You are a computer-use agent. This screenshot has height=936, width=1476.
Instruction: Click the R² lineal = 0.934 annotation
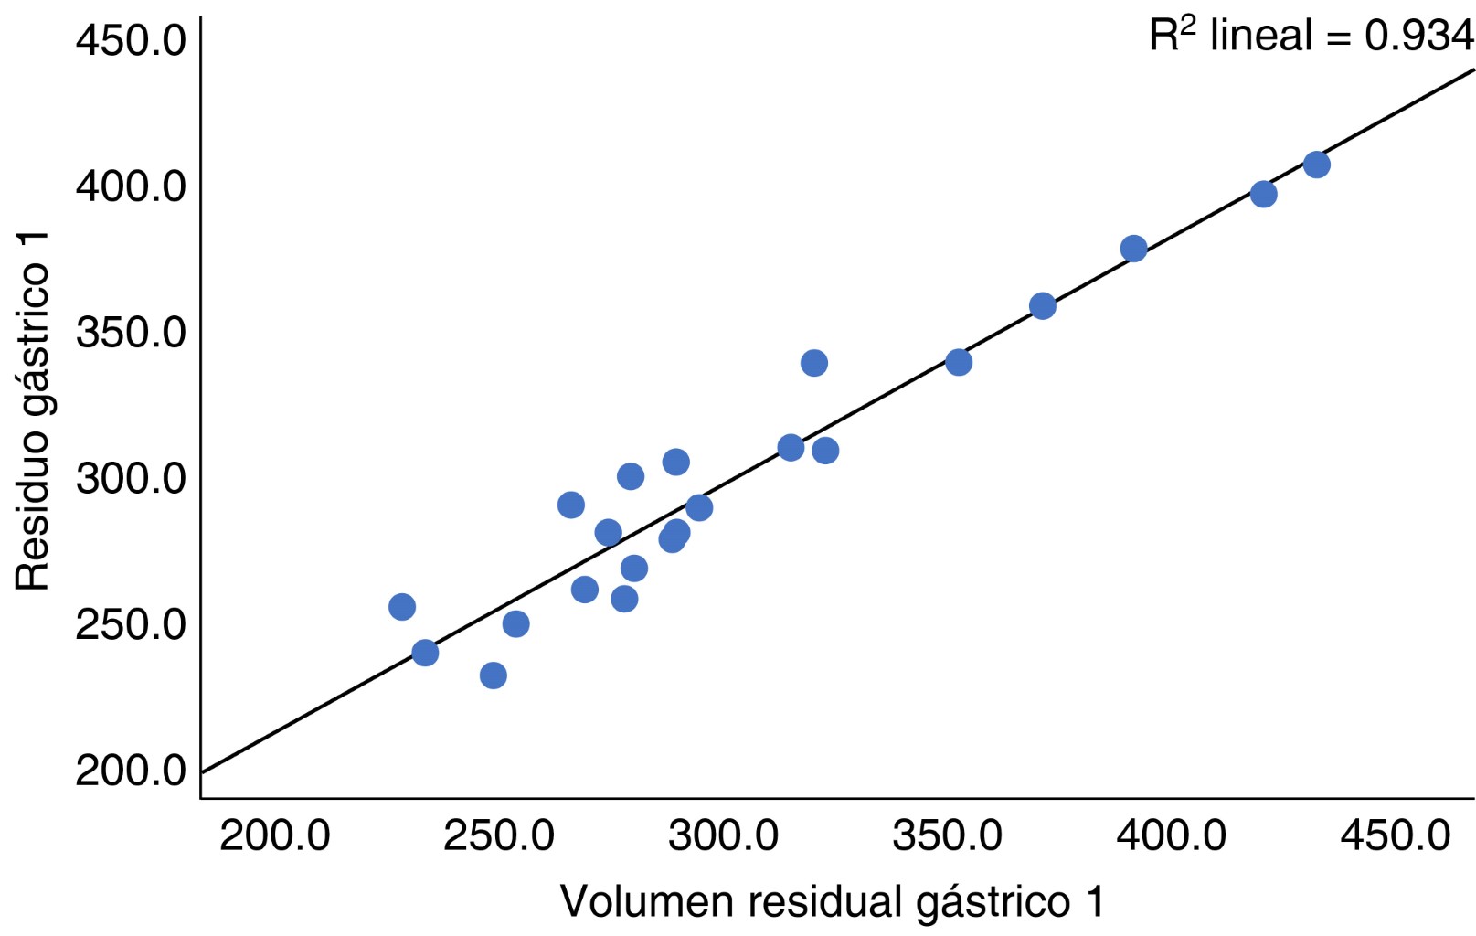(1311, 37)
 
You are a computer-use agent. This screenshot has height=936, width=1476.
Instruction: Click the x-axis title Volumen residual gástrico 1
(832, 901)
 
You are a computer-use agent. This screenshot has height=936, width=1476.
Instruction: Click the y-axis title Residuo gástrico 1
(33, 411)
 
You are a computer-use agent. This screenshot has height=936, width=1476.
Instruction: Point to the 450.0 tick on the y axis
(131, 40)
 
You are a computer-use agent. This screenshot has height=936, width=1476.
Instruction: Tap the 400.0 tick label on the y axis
(131, 186)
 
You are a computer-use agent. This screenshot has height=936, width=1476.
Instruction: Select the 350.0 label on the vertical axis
(131, 333)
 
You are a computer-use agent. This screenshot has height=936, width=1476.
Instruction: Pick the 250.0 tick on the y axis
(131, 625)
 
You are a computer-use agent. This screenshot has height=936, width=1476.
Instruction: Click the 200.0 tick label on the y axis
(131, 771)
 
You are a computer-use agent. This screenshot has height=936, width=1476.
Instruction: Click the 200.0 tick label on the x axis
(274, 835)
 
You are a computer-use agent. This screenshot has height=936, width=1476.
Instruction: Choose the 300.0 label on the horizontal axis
(723, 835)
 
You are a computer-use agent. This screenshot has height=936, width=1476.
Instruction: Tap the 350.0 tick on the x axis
(947, 835)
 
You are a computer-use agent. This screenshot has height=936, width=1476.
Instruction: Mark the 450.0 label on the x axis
(1396, 835)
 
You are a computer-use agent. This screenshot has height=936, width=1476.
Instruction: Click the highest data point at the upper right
(1316, 165)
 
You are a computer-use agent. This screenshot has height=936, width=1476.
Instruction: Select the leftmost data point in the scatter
(402, 607)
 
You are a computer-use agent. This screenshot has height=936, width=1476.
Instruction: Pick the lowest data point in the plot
(494, 675)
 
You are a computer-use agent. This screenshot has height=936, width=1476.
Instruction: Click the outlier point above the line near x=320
(814, 363)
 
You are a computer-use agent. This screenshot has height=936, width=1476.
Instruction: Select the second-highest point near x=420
(1263, 194)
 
